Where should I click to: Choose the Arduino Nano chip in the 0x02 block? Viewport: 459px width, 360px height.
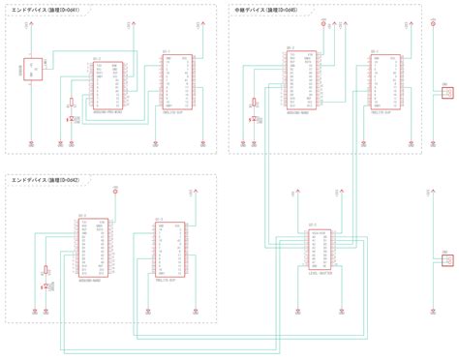pyautogui.click(x=93, y=253)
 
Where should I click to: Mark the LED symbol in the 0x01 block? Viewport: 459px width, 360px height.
pyautogui.click(x=69, y=119)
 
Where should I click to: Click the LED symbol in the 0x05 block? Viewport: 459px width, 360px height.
pyautogui.click(x=254, y=116)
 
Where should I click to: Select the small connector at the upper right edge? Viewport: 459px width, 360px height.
pyautogui.click(x=446, y=93)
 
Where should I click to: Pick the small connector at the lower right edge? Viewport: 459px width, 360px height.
pyautogui.click(x=446, y=259)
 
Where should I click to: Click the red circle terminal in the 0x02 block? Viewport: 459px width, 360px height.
pyautogui.click(x=116, y=192)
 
